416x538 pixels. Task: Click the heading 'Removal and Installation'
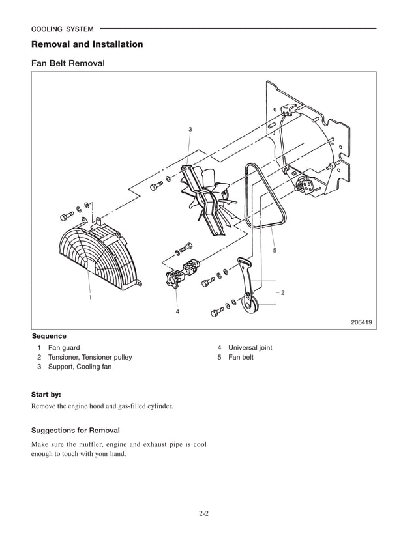click(87, 44)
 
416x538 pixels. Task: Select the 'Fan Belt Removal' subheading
click(68, 64)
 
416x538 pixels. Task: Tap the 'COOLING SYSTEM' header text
click(62, 29)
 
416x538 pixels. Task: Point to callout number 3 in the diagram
click(190, 130)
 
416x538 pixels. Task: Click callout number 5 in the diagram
click(275, 250)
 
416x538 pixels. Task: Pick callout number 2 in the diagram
click(282, 292)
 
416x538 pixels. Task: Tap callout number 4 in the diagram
click(177, 312)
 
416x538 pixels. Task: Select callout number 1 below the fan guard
click(90, 297)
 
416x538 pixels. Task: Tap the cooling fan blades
click(208, 196)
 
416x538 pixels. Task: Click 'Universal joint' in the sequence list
click(250, 348)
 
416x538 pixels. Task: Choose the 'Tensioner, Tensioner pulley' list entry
click(90, 358)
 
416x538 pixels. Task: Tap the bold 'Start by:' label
click(46, 395)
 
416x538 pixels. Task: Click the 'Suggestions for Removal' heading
click(76, 431)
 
